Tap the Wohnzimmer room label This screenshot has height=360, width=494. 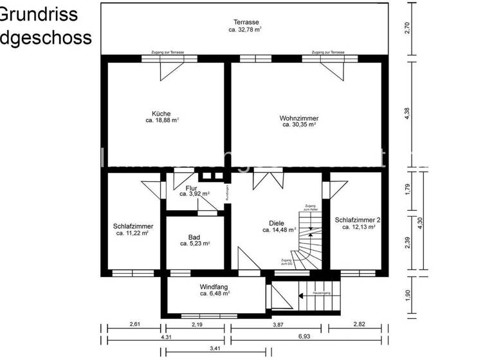[298, 118]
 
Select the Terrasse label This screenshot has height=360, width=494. [245, 22]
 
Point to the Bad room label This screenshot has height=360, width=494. [194, 237]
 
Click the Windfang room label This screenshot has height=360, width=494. [214, 287]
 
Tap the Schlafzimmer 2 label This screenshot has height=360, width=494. [358, 220]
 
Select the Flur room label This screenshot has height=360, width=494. [192, 188]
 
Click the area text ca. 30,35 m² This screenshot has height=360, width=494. [299, 125]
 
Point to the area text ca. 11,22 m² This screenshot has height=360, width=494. [133, 233]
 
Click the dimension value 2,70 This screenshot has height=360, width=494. [407, 28]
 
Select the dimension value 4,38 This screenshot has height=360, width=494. [407, 113]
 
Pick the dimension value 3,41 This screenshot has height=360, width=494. [215, 348]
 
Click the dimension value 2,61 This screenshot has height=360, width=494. [135, 324]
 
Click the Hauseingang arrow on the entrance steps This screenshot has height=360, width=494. [303, 296]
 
